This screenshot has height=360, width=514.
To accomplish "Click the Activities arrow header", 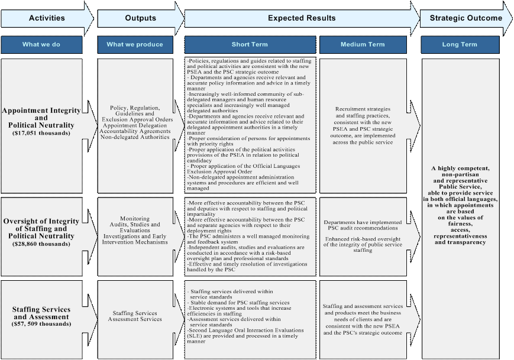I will pos(47,18).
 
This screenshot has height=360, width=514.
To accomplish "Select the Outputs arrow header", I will pos(140,18).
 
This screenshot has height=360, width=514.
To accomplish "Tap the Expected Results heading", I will pos(301,18).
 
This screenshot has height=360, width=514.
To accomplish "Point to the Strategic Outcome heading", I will pos(465,18).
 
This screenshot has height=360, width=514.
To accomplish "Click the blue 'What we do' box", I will pos(41,44).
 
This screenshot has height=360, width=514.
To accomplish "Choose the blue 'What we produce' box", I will pos(135,44).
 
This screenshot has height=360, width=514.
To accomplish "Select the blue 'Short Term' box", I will pos(250,44).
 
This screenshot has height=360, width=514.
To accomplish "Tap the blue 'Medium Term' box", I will pos(362,44).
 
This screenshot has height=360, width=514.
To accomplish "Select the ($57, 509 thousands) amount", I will pos(41,325).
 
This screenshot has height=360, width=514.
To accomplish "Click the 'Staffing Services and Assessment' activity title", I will pos(41,313).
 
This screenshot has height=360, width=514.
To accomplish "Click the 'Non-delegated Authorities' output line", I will pos(135,137).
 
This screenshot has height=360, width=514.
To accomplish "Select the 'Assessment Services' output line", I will pos(135,319).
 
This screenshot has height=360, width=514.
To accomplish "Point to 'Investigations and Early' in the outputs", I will pos(135,236).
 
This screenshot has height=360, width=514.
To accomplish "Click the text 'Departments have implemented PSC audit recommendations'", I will pos(363,226).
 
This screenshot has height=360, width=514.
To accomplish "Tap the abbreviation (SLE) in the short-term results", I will pos(194,336).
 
